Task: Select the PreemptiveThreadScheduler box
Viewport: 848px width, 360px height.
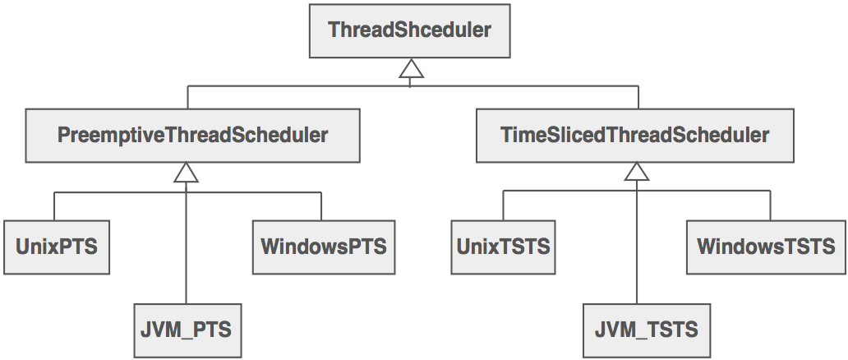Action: [192, 136]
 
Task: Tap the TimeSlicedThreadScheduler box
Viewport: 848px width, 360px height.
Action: [634, 136]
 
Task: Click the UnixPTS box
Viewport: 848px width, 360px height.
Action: [57, 247]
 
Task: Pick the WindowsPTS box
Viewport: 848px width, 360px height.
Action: [323, 247]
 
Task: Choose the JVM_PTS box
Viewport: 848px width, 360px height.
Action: [188, 330]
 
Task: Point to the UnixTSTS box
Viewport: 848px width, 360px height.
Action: [503, 247]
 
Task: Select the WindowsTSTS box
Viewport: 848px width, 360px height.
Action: [765, 247]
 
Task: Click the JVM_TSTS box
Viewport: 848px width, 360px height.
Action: [646, 330]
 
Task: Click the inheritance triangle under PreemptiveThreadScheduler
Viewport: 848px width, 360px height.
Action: [187, 173]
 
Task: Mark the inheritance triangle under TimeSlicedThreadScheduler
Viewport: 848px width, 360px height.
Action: [637, 173]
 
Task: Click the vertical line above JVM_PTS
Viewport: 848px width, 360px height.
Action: [187, 247]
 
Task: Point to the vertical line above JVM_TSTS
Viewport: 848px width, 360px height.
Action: [637, 247]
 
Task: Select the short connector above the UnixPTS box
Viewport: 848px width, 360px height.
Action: [55, 206]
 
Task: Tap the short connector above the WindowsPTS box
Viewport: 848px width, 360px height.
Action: [321, 206]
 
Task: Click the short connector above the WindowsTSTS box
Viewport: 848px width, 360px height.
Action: [771, 206]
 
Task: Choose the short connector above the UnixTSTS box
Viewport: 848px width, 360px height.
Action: [503, 206]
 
